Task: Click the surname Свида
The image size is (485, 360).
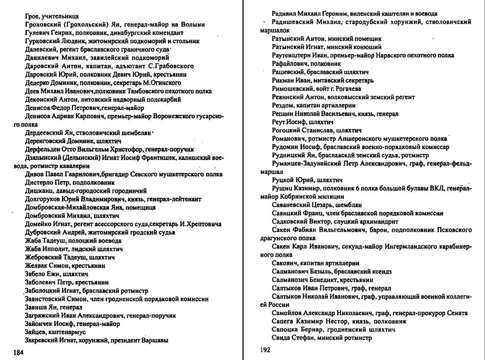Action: click(283, 339)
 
